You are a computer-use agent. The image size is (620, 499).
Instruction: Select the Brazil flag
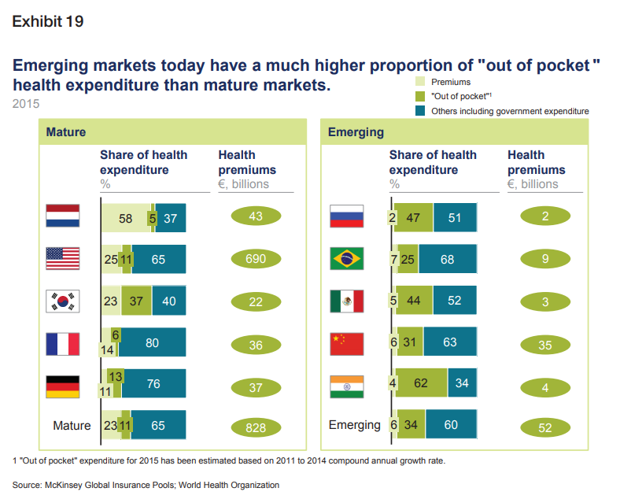347,259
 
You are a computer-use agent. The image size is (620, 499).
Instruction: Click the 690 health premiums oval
256,259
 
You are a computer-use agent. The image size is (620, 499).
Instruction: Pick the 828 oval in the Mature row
256,427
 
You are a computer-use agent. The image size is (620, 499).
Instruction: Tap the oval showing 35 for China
545,344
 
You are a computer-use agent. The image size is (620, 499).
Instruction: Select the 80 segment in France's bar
153,342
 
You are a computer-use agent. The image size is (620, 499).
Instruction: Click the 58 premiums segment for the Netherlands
125,219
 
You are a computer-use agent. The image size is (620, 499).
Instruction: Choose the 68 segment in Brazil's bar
447,259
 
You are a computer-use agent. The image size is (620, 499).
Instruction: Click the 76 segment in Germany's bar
154,384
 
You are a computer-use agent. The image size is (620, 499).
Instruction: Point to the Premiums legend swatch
420,81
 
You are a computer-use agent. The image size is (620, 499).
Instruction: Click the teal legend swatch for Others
420,111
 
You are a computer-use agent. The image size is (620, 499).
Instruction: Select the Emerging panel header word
356,132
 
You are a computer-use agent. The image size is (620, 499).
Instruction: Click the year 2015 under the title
26,103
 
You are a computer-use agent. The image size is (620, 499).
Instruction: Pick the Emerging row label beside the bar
354,425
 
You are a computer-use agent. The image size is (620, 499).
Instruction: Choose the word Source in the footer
28,485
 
